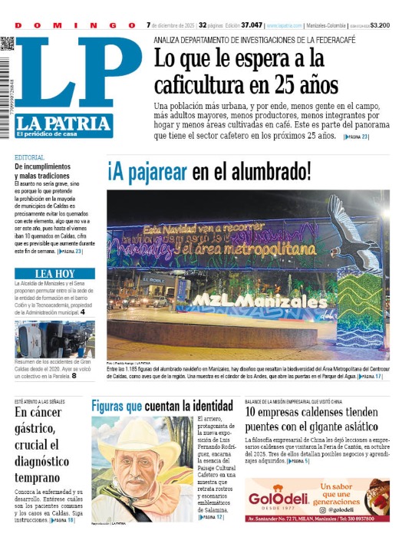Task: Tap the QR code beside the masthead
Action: (x=7, y=43)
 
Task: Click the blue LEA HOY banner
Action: (x=54, y=273)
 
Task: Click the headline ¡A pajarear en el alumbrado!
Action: (x=209, y=170)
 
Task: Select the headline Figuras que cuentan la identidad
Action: (x=162, y=405)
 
